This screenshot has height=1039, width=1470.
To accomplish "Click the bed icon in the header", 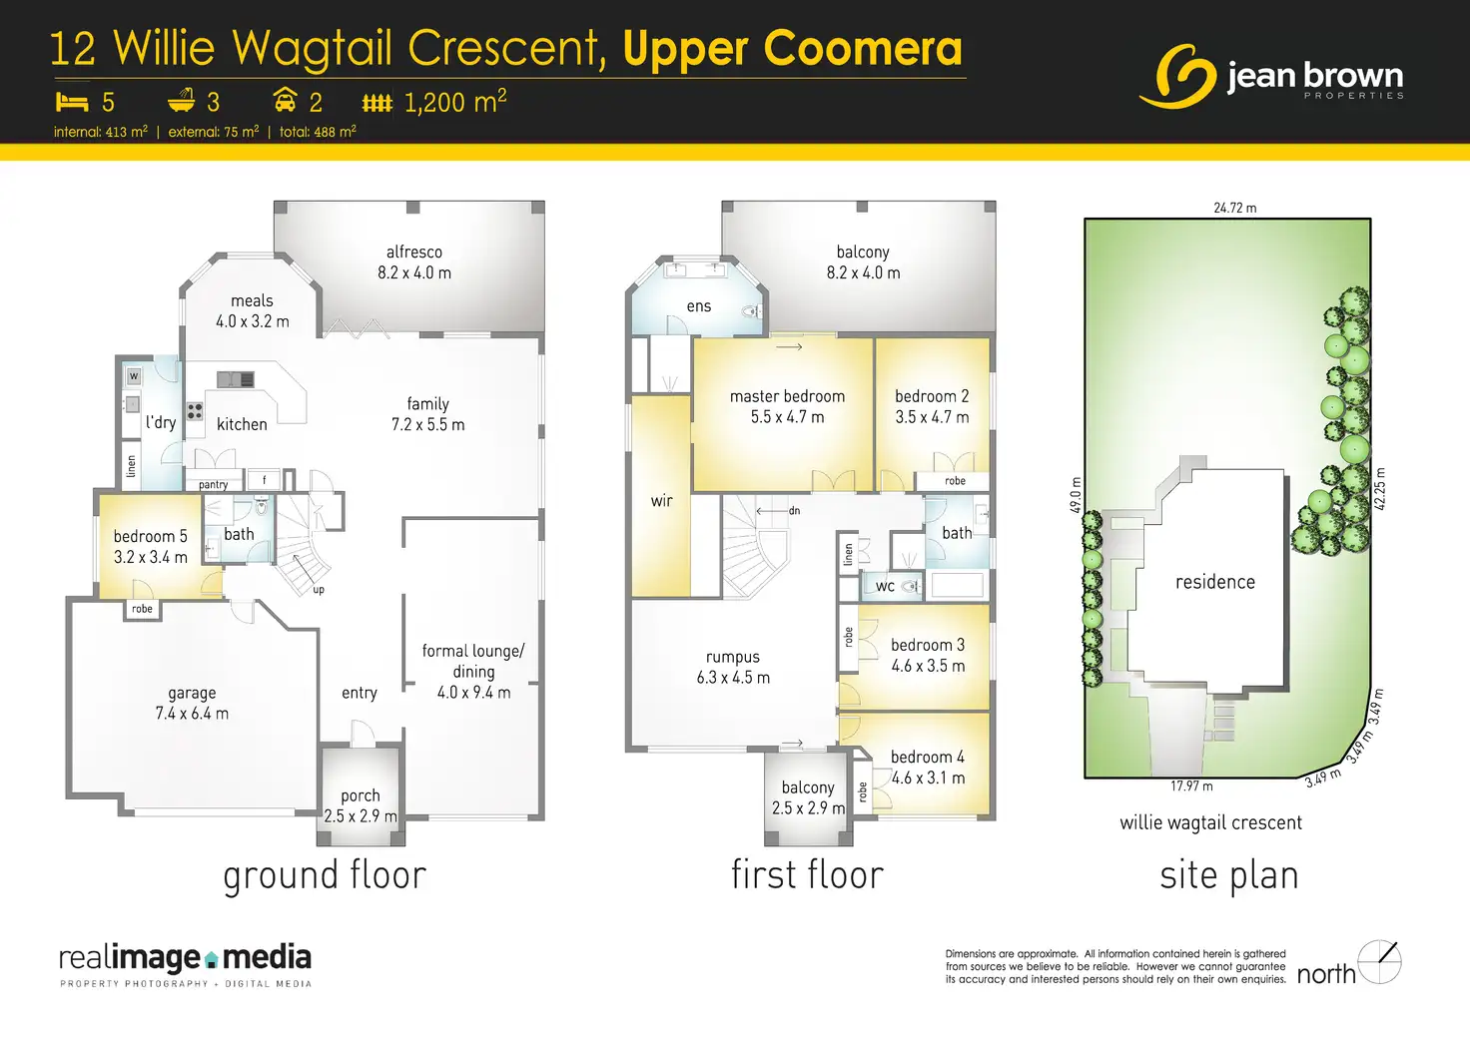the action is click(72, 102).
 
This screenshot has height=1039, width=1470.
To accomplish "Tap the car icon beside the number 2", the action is click(285, 100).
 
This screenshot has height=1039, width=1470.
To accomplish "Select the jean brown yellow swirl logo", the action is click(1178, 76).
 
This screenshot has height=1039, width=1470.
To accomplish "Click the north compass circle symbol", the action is click(1379, 962).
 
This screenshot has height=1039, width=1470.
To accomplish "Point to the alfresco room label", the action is click(414, 252).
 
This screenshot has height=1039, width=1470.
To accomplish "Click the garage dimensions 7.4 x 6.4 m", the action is click(192, 714).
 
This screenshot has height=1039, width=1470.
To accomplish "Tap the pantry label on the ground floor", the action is click(214, 485).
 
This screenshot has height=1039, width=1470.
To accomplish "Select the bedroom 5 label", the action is click(150, 537).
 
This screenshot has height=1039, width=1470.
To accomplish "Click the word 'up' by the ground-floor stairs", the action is click(319, 590).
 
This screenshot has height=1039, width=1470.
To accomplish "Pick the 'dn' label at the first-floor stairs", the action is click(794, 510).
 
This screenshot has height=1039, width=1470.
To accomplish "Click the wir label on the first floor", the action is click(661, 501).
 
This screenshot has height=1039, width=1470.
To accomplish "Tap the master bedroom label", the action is click(788, 396).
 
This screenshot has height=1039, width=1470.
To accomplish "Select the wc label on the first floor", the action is click(885, 587).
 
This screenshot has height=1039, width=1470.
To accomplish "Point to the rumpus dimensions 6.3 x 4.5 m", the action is click(733, 678).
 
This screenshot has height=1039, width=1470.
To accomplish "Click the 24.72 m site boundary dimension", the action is click(1235, 208).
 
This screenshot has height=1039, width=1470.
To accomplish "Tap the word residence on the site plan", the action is click(1214, 582).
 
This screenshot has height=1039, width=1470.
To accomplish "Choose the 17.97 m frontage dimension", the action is click(1191, 785).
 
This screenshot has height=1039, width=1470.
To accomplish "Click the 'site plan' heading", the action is click(1229, 875).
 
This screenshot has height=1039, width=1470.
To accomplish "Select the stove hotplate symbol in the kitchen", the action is click(195, 411).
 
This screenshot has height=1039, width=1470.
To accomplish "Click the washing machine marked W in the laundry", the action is click(134, 376).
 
